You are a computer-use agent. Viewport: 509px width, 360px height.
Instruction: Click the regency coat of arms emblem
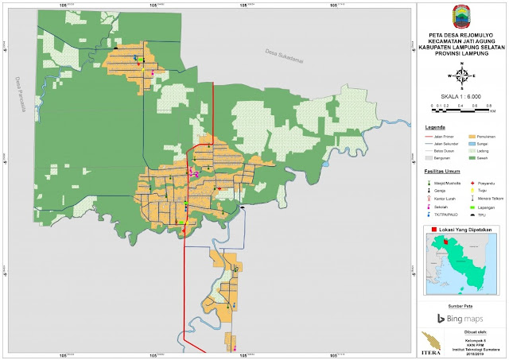tap(462, 16)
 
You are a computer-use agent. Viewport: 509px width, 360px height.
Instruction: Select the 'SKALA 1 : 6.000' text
tap(461, 95)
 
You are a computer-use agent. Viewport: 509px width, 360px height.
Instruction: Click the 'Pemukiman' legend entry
tap(484, 136)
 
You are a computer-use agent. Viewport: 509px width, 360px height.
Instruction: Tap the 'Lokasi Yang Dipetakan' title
tap(464, 229)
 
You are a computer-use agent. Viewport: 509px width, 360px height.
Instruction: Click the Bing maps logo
tap(462, 319)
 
